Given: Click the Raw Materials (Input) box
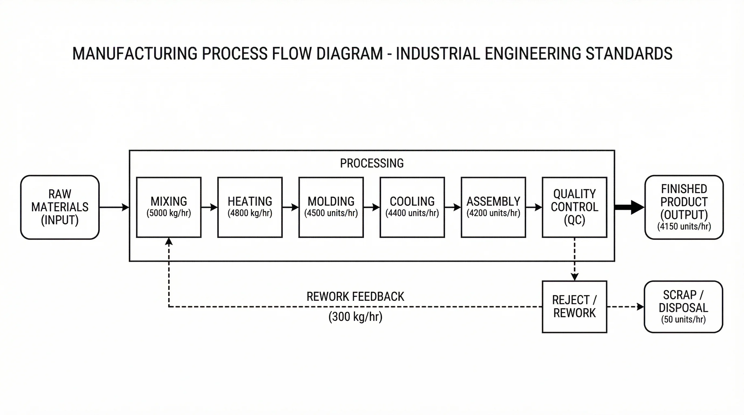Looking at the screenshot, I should (x=60, y=207).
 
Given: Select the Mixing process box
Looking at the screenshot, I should (x=169, y=207).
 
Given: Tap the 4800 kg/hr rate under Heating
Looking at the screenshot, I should (x=250, y=213).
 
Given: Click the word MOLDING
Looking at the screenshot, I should (x=331, y=201).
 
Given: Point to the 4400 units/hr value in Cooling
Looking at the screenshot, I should (x=412, y=213).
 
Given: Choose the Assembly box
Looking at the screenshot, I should (x=493, y=207).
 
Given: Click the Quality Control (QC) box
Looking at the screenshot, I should (x=574, y=207).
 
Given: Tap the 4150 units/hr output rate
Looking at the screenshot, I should (x=684, y=226).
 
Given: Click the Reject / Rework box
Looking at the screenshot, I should (x=574, y=306).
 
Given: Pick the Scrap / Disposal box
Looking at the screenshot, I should (x=683, y=306).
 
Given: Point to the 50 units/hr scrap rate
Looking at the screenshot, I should (x=683, y=319).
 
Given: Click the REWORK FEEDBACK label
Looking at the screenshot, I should (x=355, y=297).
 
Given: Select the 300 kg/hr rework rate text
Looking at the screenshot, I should (x=355, y=317).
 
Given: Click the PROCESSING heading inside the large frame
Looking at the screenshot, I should (x=372, y=163).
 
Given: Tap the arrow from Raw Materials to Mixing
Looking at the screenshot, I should (x=114, y=207).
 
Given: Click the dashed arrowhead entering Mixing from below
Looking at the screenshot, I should (x=169, y=242).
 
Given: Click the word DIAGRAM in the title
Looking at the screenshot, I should (x=350, y=54).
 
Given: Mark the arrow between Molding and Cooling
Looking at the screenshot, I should (x=371, y=207).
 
